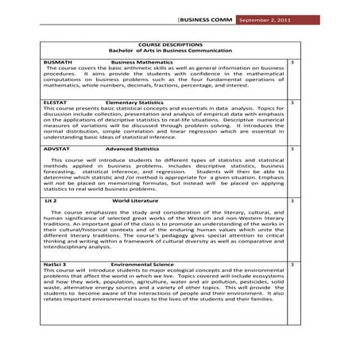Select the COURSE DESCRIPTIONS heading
(x=171, y=45)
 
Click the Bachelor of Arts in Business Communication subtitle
(x=171, y=51)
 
